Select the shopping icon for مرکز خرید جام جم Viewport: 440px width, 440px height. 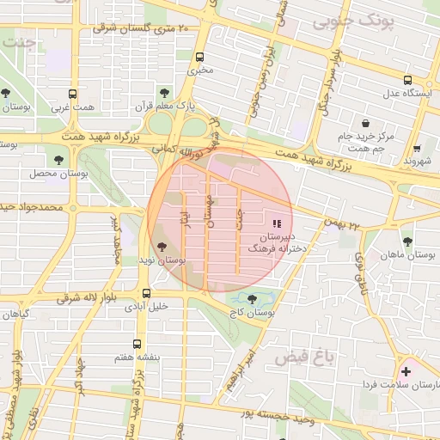tap(367, 122)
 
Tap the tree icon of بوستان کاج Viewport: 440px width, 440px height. tap(251, 300)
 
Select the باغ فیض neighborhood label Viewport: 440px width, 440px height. tap(299, 354)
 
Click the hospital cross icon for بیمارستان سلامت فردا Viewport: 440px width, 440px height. tap(406, 371)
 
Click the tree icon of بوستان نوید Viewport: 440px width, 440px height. tap(163, 247)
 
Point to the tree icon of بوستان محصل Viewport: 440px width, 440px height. tap(58, 159)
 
